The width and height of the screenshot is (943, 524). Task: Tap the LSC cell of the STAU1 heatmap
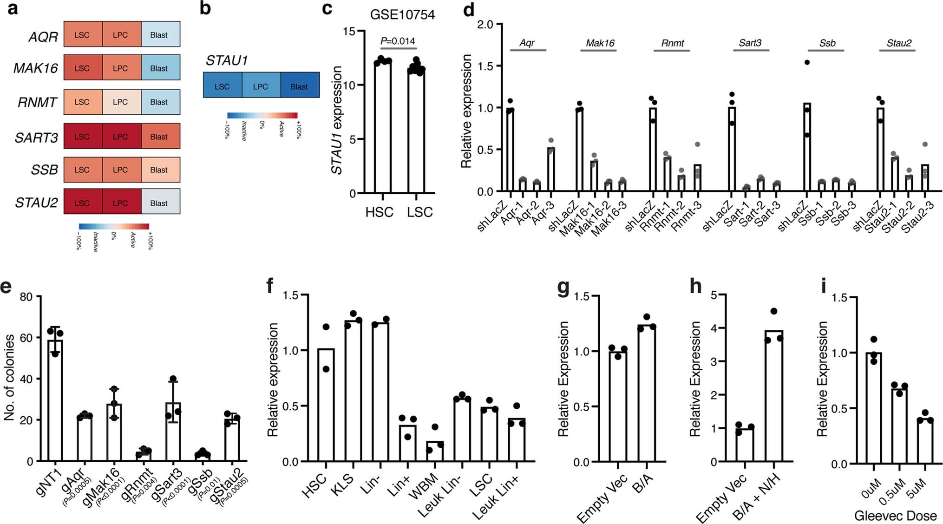[x=223, y=86]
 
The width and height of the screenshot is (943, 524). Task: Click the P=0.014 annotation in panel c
[x=398, y=41]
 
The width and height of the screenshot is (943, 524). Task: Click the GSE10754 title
[x=402, y=15]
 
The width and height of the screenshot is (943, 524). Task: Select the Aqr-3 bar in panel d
[x=551, y=170]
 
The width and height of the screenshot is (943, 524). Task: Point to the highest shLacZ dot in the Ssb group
[x=807, y=62]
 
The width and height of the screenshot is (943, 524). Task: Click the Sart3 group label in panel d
[x=750, y=43]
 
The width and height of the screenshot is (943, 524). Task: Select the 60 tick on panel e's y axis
[x=26, y=338]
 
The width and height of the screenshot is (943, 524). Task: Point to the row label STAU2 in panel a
[x=36, y=203]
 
